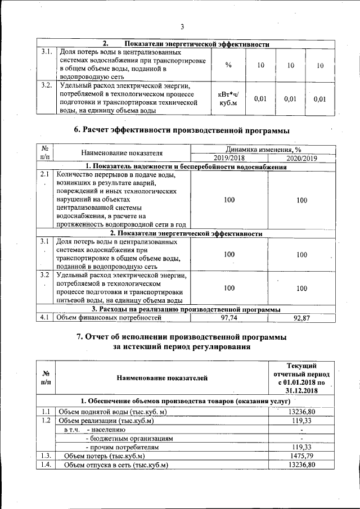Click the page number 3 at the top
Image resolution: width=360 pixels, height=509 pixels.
[182, 26]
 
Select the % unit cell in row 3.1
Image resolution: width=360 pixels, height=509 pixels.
[228, 65]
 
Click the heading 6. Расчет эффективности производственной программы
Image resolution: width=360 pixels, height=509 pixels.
[182, 131]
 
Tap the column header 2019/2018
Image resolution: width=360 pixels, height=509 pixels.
[229, 159]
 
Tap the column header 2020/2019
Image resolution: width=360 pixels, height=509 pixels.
[301, 159]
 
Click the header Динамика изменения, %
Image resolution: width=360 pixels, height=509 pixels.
[264, 150]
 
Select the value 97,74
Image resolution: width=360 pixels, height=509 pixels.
[229, 318]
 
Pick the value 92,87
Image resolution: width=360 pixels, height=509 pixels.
[301, 318]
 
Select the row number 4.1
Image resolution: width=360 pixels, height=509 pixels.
[45, 318]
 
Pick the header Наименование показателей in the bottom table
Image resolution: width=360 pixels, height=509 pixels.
[163, 378]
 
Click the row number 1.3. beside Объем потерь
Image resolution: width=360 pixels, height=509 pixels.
[46, 456]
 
